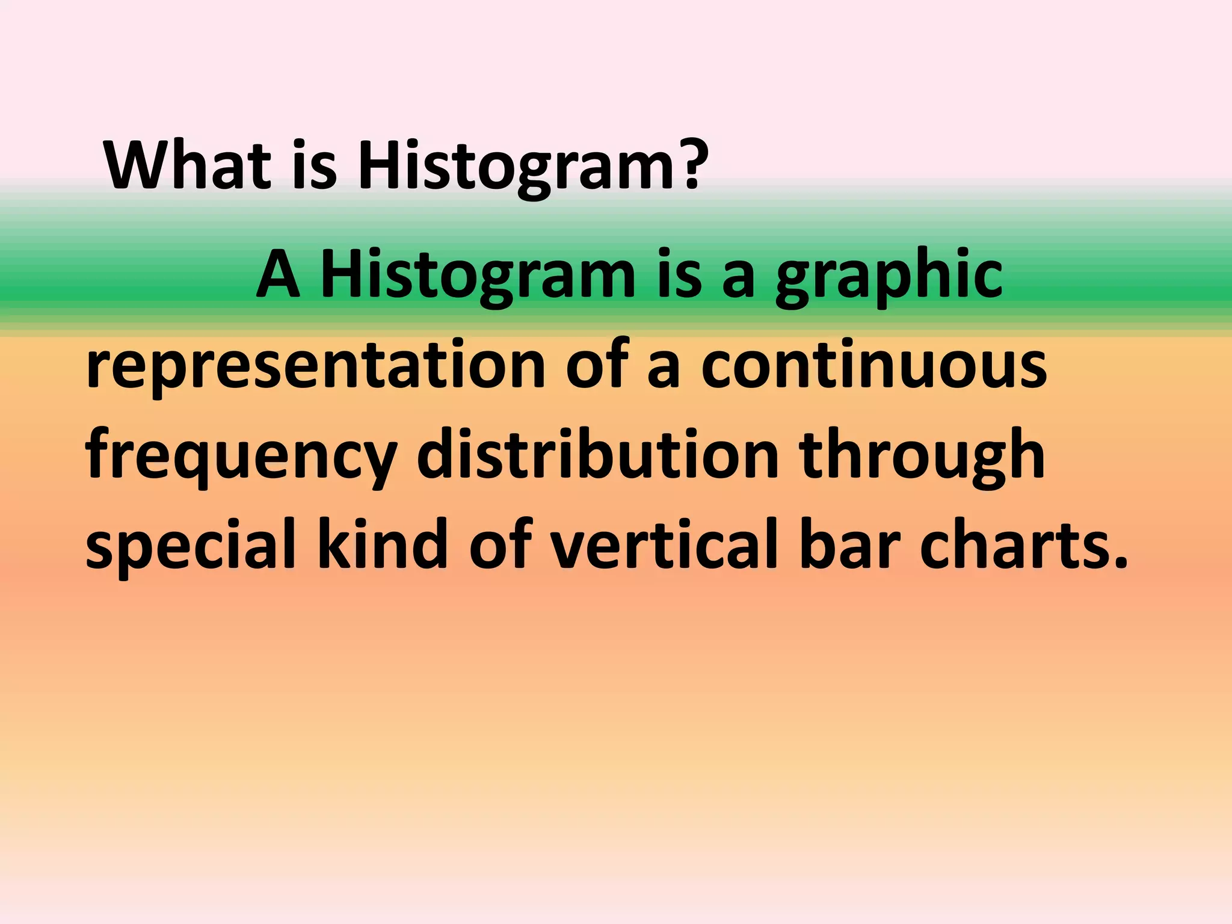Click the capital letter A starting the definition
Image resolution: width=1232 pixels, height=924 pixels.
tap(277, 275)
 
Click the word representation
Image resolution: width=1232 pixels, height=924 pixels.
tap(315, 366)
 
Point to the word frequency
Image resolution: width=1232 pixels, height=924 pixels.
tap(241, 457)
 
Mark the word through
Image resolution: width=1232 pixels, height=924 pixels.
tap(921, 457)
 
